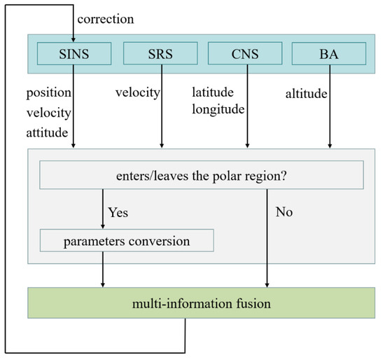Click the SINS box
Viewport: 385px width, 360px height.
click(x=74, y=53)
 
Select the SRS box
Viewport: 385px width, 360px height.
click(x=162, y=53)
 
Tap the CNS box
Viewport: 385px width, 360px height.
click(x=246, y=53)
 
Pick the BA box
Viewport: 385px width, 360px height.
click(x=330, y=53)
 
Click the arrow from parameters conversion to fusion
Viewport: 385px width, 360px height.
click(x=104, y=269)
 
